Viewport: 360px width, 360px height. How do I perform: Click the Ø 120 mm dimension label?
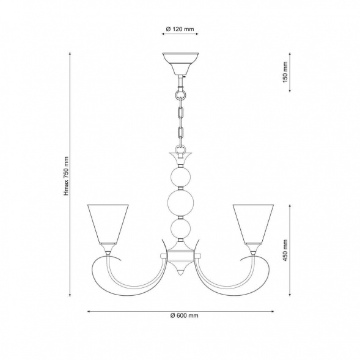tap(180, 29)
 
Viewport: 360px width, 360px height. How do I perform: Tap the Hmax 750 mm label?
tap(66, 176)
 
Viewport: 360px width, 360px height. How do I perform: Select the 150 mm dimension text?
tap(285, 72)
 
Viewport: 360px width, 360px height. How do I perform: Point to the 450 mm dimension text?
tap(285, 250)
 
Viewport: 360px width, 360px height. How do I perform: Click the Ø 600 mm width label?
tap(185, 315)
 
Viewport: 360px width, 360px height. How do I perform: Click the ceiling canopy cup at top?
tap(180, 64)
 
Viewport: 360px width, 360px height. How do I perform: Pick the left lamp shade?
tap(108, 224)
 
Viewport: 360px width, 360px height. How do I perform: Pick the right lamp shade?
tap(253, 224)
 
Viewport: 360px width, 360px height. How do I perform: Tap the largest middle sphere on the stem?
tap(180, 203)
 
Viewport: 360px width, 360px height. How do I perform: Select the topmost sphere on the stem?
tap(180, 177)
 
